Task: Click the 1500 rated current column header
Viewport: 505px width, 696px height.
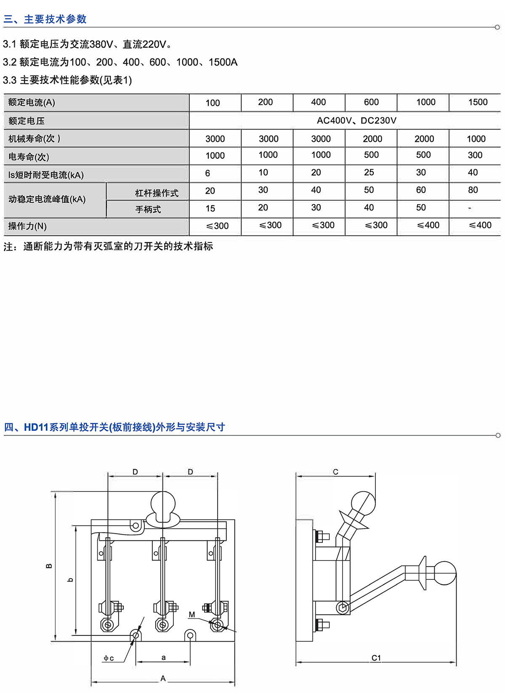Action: [478, 102]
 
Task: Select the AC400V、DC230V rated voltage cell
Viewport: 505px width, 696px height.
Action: [356, 121]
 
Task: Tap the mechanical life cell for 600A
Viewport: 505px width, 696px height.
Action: [372, 139]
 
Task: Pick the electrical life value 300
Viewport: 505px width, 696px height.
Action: [475, 155]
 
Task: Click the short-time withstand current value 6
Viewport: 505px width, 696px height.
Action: [207, 173]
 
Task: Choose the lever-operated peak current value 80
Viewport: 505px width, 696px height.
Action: [473, 190]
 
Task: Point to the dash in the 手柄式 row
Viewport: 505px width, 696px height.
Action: [470, 208]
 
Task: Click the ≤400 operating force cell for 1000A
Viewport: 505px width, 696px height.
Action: [428, 226]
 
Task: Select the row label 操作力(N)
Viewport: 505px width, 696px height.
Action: [27, 226]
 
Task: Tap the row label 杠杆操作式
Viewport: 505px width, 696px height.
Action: [157, 193]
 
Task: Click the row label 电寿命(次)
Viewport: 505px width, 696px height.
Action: [29, 157]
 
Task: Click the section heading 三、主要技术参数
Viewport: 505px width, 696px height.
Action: [45, 19]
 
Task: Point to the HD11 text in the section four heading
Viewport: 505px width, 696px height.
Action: [37, 428]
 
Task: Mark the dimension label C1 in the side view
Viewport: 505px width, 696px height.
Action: [376, 658]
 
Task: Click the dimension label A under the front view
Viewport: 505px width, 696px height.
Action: [163, 678]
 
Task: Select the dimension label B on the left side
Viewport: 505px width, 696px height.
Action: [49, 566]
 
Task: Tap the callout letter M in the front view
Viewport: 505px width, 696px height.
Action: [192, 615]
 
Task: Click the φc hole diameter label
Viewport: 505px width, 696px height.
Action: [109, 658]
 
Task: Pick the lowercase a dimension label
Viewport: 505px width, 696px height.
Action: [164, 657]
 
